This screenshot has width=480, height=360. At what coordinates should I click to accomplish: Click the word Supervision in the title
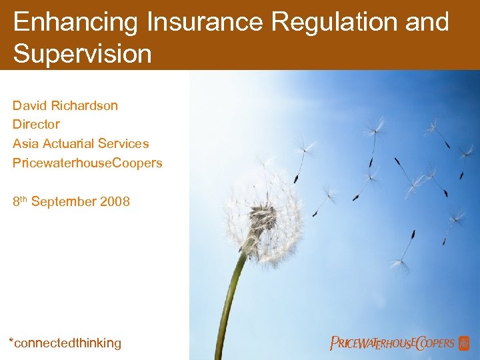click(83, 54)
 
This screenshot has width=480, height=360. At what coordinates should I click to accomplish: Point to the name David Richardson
click(65, 105)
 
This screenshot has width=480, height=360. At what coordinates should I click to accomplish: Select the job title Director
click(36, 125)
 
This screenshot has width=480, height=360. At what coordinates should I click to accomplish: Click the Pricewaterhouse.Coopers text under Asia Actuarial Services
click(87, 163)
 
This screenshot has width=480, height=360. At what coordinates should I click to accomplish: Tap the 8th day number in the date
click(19, 201)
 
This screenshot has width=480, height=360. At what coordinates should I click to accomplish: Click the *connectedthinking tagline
click(65, 343)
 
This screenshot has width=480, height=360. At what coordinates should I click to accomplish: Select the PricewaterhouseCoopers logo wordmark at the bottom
click(392, 343)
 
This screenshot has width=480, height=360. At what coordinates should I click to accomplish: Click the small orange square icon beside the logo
click(464, 343)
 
